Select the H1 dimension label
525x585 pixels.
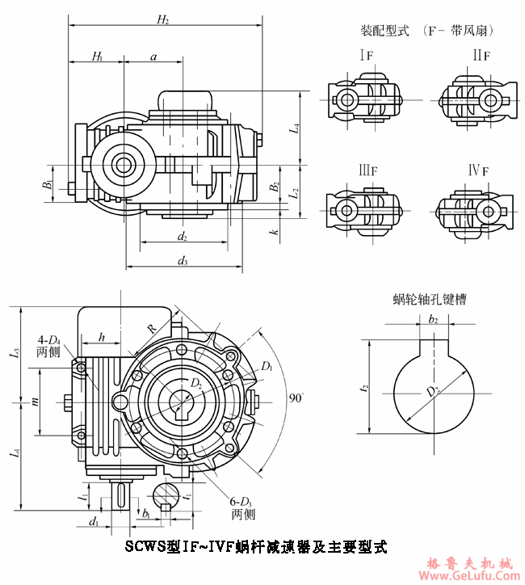pos(97,56)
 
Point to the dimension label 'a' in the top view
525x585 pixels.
pos(153,56)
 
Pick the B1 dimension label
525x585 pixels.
pos(48,185)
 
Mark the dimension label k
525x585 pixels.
pos(275,232)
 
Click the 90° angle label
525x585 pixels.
pos(296,398)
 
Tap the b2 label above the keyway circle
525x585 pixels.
pos(434,319)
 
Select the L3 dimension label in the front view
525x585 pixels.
pos(15,352)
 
